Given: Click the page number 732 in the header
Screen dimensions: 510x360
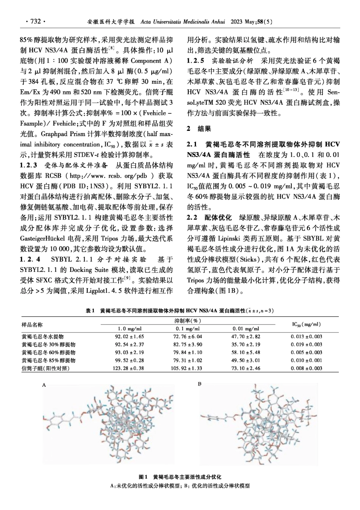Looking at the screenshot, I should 35,22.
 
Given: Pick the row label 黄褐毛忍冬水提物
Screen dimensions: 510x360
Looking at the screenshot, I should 43,336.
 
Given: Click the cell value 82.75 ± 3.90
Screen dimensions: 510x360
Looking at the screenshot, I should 188,344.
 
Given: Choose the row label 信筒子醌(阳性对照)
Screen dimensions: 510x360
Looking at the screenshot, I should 46,368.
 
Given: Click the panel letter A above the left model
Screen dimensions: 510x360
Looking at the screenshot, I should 44,385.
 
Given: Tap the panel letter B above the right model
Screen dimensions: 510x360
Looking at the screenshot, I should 200,384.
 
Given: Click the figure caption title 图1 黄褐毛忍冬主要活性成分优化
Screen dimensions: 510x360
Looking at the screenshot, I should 180,477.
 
